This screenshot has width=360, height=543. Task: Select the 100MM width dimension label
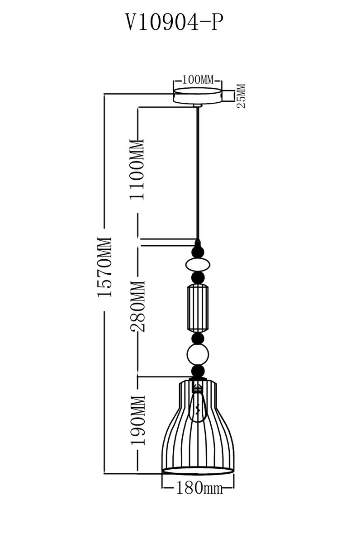click(198, 80)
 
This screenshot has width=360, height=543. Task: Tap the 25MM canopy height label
click(241, 96)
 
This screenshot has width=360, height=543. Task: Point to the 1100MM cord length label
click(136, 168)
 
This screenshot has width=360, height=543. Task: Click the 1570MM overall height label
click(104, 267)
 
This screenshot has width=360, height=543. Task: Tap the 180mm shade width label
click(198, 488)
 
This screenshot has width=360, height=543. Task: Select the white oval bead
click(198, 264)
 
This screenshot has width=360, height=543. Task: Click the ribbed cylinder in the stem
click(198, 308)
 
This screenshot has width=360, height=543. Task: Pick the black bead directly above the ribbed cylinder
click(198, 277)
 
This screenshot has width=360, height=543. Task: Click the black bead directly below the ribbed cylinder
click(198, 339)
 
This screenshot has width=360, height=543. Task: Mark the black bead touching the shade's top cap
click(198, 372)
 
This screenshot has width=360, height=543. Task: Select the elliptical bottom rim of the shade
click(198, 471)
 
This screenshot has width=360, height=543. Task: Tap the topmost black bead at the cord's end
click(198, 250)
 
